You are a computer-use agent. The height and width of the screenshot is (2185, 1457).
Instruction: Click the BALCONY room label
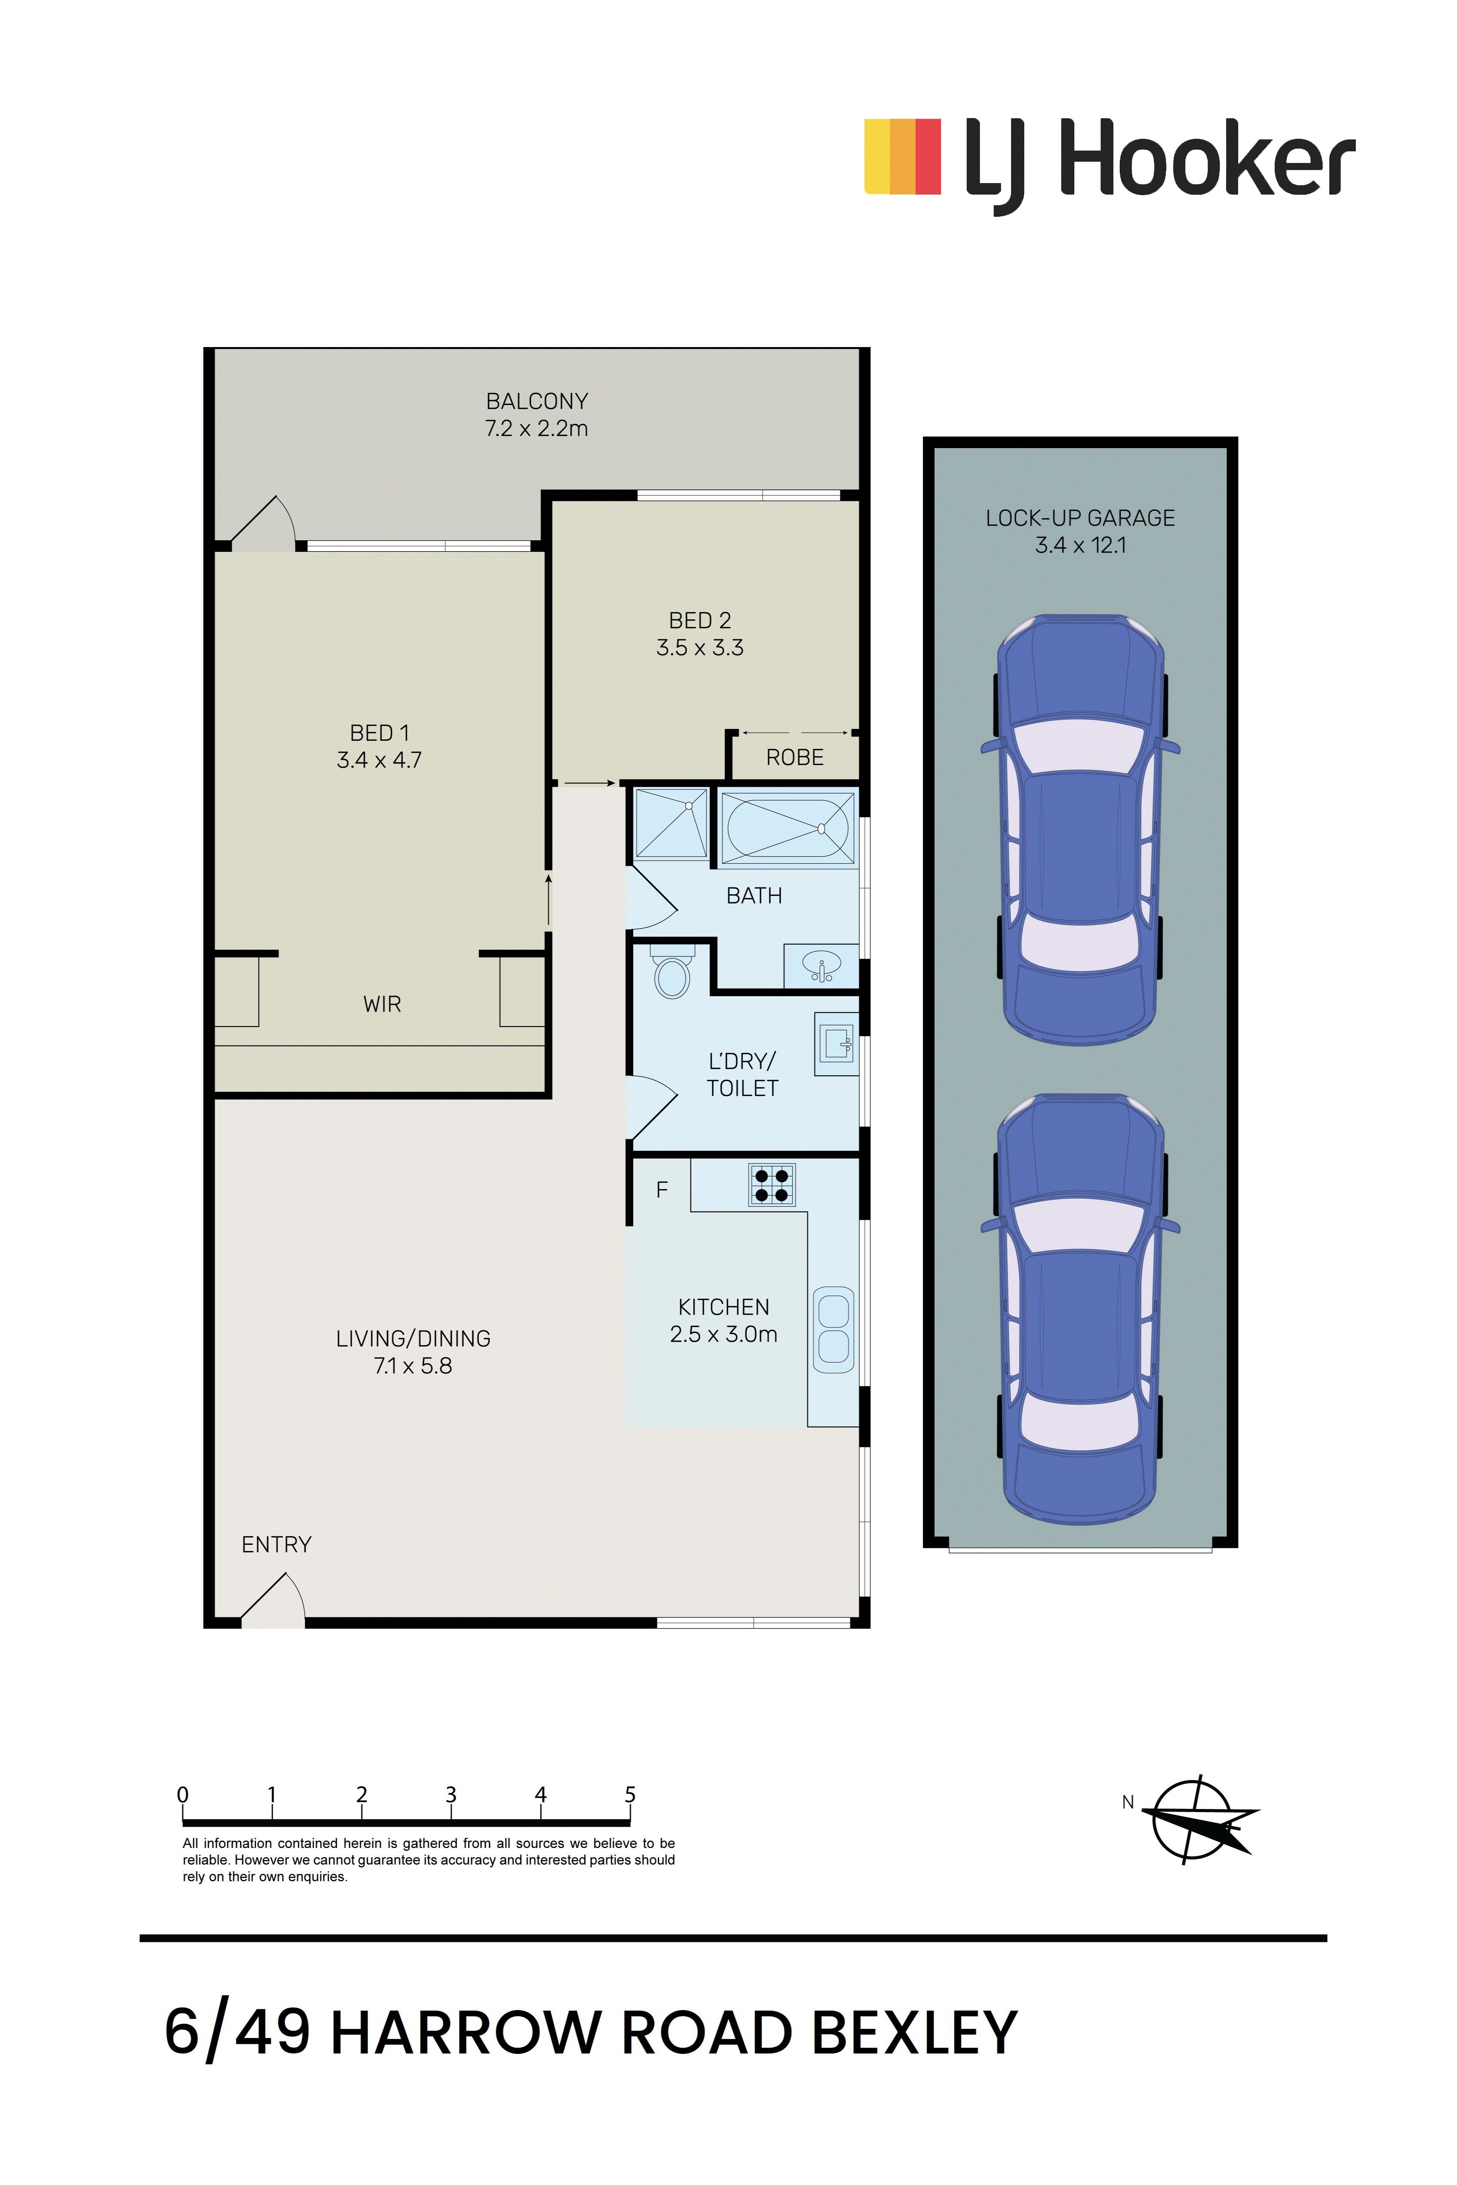pyautogui.click(x=537, y=401)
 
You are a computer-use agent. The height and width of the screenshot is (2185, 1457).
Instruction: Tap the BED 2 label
pyautogui.click(x=700, y=620)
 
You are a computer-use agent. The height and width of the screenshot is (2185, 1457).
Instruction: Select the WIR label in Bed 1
pyautogui.click(x=382, y=1004)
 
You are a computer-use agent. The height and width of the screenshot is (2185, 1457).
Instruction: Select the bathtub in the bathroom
pyautogui.click(x=787, y=828)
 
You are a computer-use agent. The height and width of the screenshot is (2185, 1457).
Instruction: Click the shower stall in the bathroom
pyautogui.click(x=670, y=823)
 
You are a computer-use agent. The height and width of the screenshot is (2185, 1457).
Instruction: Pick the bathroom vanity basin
pyautogui.click(x=821, y=966)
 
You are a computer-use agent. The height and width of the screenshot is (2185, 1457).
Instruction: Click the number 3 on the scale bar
pyautogui.click(x=451, y=1794)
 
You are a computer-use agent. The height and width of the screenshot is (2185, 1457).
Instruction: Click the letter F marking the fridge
pyautogui.click(x=662, y=1189)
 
